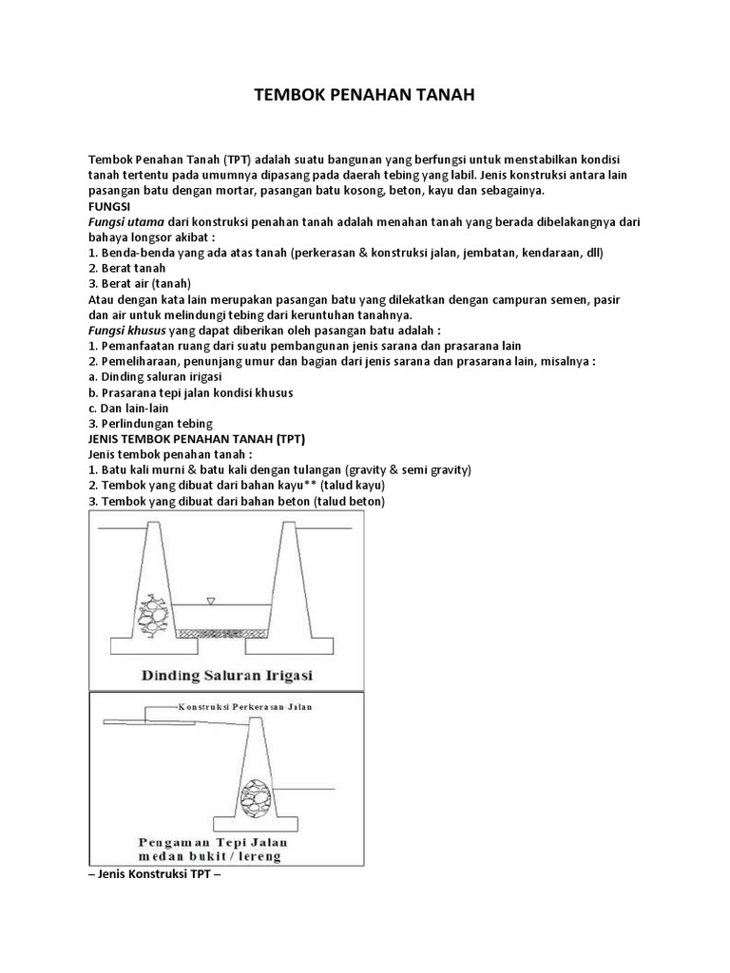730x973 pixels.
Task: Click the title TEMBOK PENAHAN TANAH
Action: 365,96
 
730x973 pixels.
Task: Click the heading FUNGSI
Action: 109,205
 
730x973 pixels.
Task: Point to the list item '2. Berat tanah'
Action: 126,268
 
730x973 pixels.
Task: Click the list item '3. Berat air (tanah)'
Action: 140,283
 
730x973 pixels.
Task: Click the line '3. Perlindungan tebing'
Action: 150,423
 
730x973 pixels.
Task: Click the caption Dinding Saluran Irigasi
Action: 227,676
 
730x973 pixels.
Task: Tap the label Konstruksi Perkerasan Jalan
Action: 243,707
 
